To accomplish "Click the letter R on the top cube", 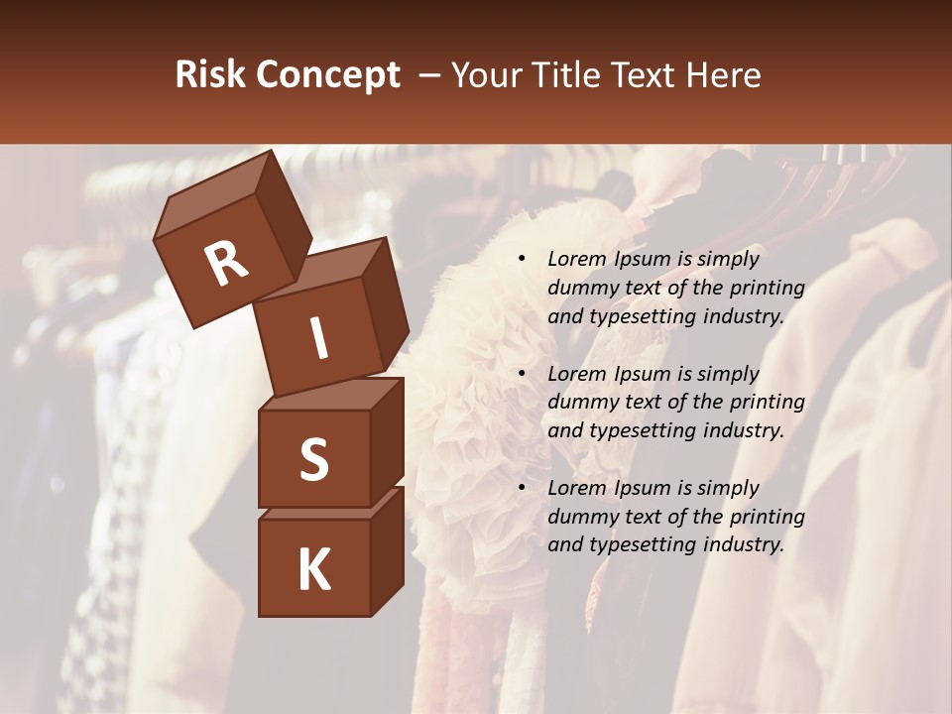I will click(x=226, y=264).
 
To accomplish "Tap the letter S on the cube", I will click(x=313, y=459).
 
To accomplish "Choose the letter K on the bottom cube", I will click(x=313, y=570).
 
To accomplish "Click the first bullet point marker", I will click(x=522, y=260).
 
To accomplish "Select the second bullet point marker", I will click(x=522, y=375).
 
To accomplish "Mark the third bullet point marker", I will click(x=522, y=489).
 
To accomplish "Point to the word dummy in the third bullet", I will click(x=580, y=517).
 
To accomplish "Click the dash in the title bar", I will click(x=430, y=75).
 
